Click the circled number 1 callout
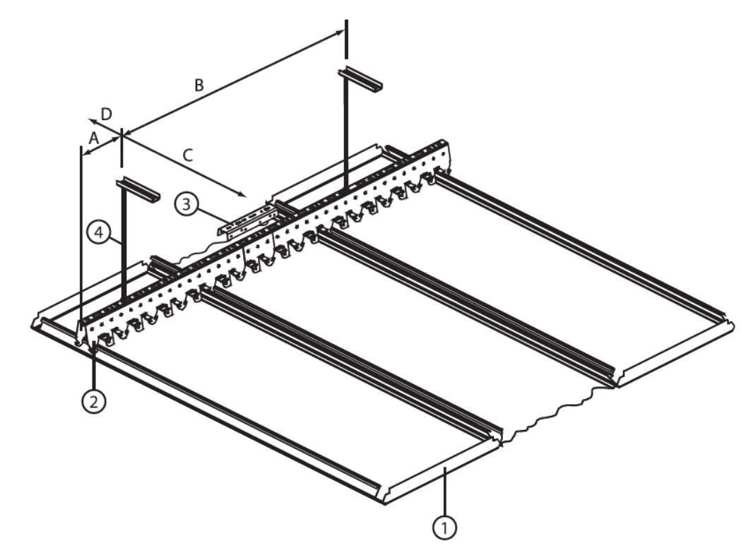(444, 527)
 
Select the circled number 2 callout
(94, 402)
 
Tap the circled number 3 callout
(186, 203)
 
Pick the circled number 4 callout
(99, 232)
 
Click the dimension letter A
(94, 138)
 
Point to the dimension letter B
(199, 85)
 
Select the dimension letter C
(188, 155)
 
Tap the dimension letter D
(107, 114)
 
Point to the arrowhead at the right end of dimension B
(339, 32)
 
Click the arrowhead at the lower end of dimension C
(242, 194)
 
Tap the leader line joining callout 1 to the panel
(444, 491)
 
